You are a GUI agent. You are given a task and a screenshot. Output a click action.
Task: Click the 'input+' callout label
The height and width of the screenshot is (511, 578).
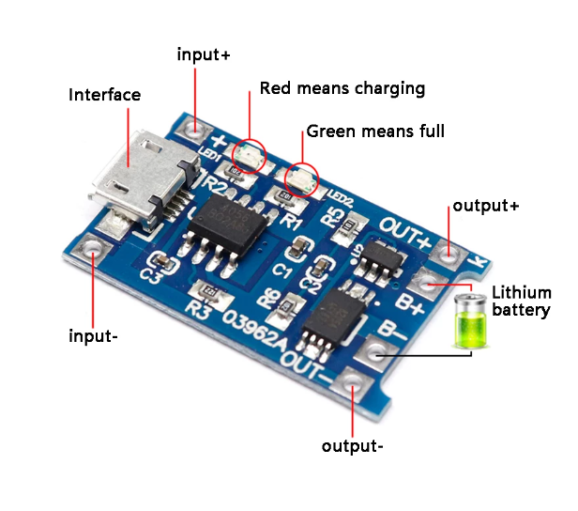pos(204,54)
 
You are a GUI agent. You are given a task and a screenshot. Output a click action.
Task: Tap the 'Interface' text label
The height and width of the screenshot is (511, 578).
pos(104,95)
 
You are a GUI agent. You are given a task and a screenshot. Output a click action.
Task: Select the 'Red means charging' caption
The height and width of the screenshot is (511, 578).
pos(342,88)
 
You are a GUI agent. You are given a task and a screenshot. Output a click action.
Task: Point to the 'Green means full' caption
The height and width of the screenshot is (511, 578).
pos(375,131)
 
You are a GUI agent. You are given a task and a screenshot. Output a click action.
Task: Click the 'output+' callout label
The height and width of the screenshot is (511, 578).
pos(485,205)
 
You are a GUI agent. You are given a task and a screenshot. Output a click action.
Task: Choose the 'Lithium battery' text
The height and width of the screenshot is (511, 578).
pos(520,301)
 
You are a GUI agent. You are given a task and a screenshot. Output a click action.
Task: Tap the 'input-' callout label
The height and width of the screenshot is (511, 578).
pos(93,335)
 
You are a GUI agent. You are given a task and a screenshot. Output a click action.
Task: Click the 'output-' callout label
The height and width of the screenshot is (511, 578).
pos(352,445)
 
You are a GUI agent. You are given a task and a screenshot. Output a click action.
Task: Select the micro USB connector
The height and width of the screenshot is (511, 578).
pos(133,176)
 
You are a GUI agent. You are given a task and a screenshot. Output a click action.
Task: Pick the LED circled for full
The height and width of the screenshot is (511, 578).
pos(301,176)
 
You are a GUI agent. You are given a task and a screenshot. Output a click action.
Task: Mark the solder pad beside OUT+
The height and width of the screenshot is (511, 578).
pos(451,252)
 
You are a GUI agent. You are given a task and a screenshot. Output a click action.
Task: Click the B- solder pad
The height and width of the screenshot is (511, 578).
pos(378,353)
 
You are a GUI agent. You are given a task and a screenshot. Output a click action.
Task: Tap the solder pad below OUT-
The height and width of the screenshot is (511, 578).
pos(354,383)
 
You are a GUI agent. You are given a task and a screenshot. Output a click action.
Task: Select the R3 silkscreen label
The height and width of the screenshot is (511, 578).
pos(197,307)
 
